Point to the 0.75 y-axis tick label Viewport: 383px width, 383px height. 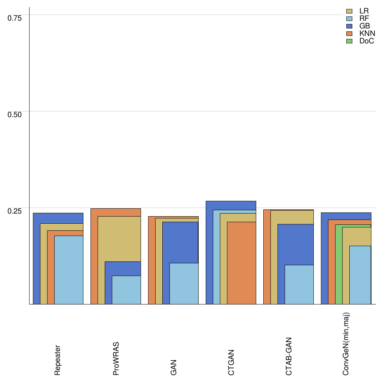click(15, 18)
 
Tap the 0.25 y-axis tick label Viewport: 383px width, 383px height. click(15, 211)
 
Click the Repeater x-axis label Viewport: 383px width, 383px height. click(58, 360)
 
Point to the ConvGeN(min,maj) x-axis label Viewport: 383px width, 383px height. click(346, 344)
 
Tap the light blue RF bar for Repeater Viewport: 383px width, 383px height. click(68, 270)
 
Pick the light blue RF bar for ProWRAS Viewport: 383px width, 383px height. click(126, 290)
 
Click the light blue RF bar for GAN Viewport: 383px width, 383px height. click(184, 284)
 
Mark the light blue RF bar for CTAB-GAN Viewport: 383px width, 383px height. click(299, 284)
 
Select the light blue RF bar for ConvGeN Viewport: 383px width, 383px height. click(360, 275)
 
